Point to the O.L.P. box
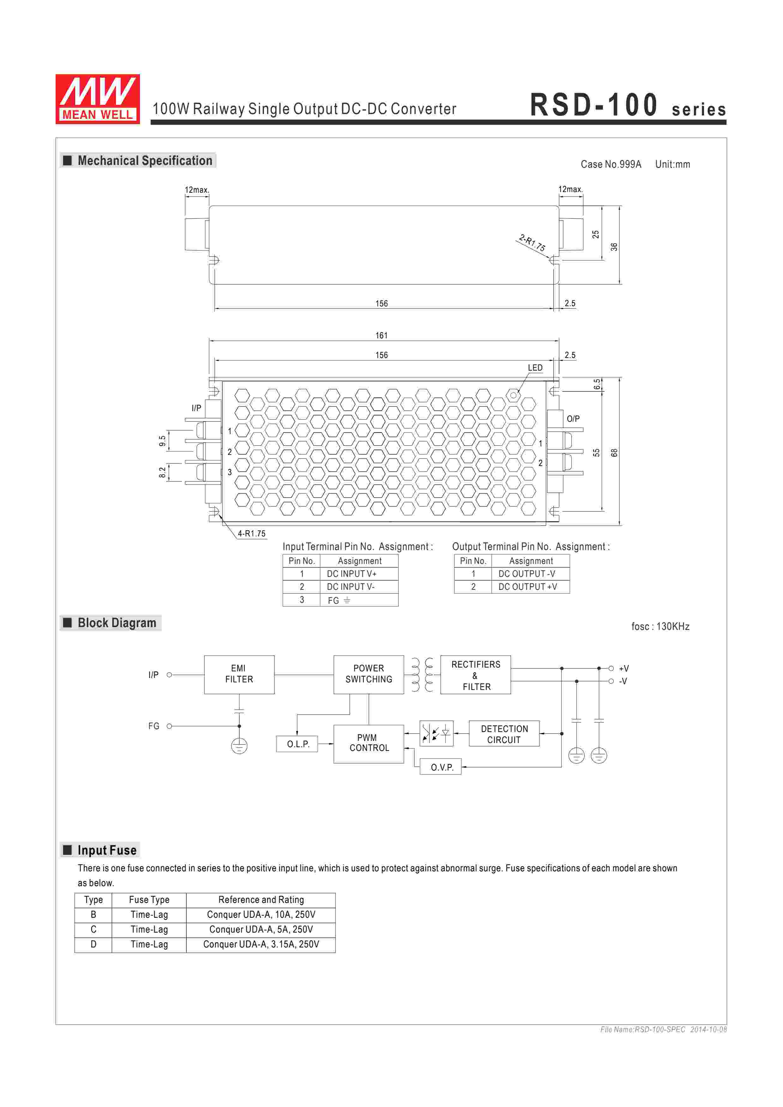pos(298,744)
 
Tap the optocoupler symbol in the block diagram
pos(436,734)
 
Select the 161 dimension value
pos(381,336)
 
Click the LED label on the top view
pos(535,368)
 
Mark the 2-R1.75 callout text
pos(532,243)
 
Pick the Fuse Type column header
pos(149,900)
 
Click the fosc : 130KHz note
pos(660,626)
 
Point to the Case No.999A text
pos(611,164)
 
